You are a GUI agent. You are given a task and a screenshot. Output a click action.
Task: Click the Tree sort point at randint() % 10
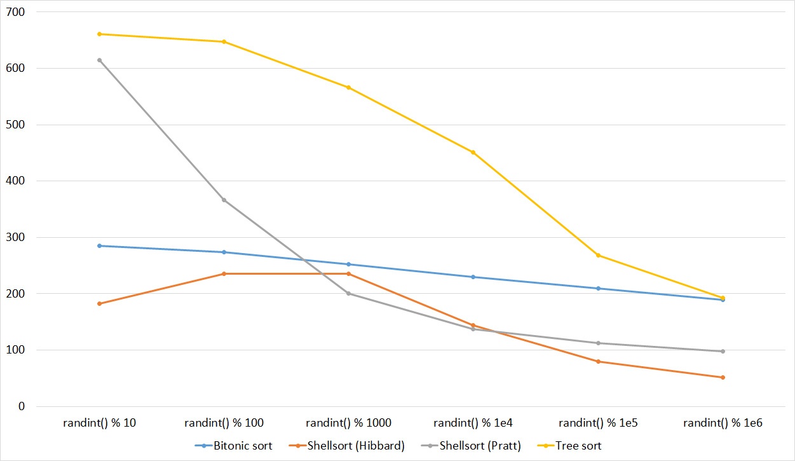coord(99,34)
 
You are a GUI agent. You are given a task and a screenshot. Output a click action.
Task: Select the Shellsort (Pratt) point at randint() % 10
coord(99,60)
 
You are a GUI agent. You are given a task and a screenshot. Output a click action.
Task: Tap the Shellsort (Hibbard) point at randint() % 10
coord(99,304)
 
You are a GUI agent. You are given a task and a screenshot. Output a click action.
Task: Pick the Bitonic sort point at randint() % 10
coord(99,245)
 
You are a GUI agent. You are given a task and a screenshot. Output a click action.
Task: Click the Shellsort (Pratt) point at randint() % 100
coord(224,200)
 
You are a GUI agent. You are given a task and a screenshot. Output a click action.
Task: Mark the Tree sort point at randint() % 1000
coord(348,88)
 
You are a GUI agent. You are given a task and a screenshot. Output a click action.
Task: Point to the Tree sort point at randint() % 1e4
coord(473,153)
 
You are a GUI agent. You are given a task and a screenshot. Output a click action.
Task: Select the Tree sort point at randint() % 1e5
coord(598,256)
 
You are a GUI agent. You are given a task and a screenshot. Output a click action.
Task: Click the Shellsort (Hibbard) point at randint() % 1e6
coord(723,378)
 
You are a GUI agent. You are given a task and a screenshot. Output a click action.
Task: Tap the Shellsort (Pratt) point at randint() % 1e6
coord(723,352)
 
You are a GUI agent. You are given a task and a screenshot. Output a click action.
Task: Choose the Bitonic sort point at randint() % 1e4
coord(473,277)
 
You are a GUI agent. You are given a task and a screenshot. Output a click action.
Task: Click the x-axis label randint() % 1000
coord(348,423)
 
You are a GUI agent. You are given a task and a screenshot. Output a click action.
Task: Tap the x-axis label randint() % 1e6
coord(722,423)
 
